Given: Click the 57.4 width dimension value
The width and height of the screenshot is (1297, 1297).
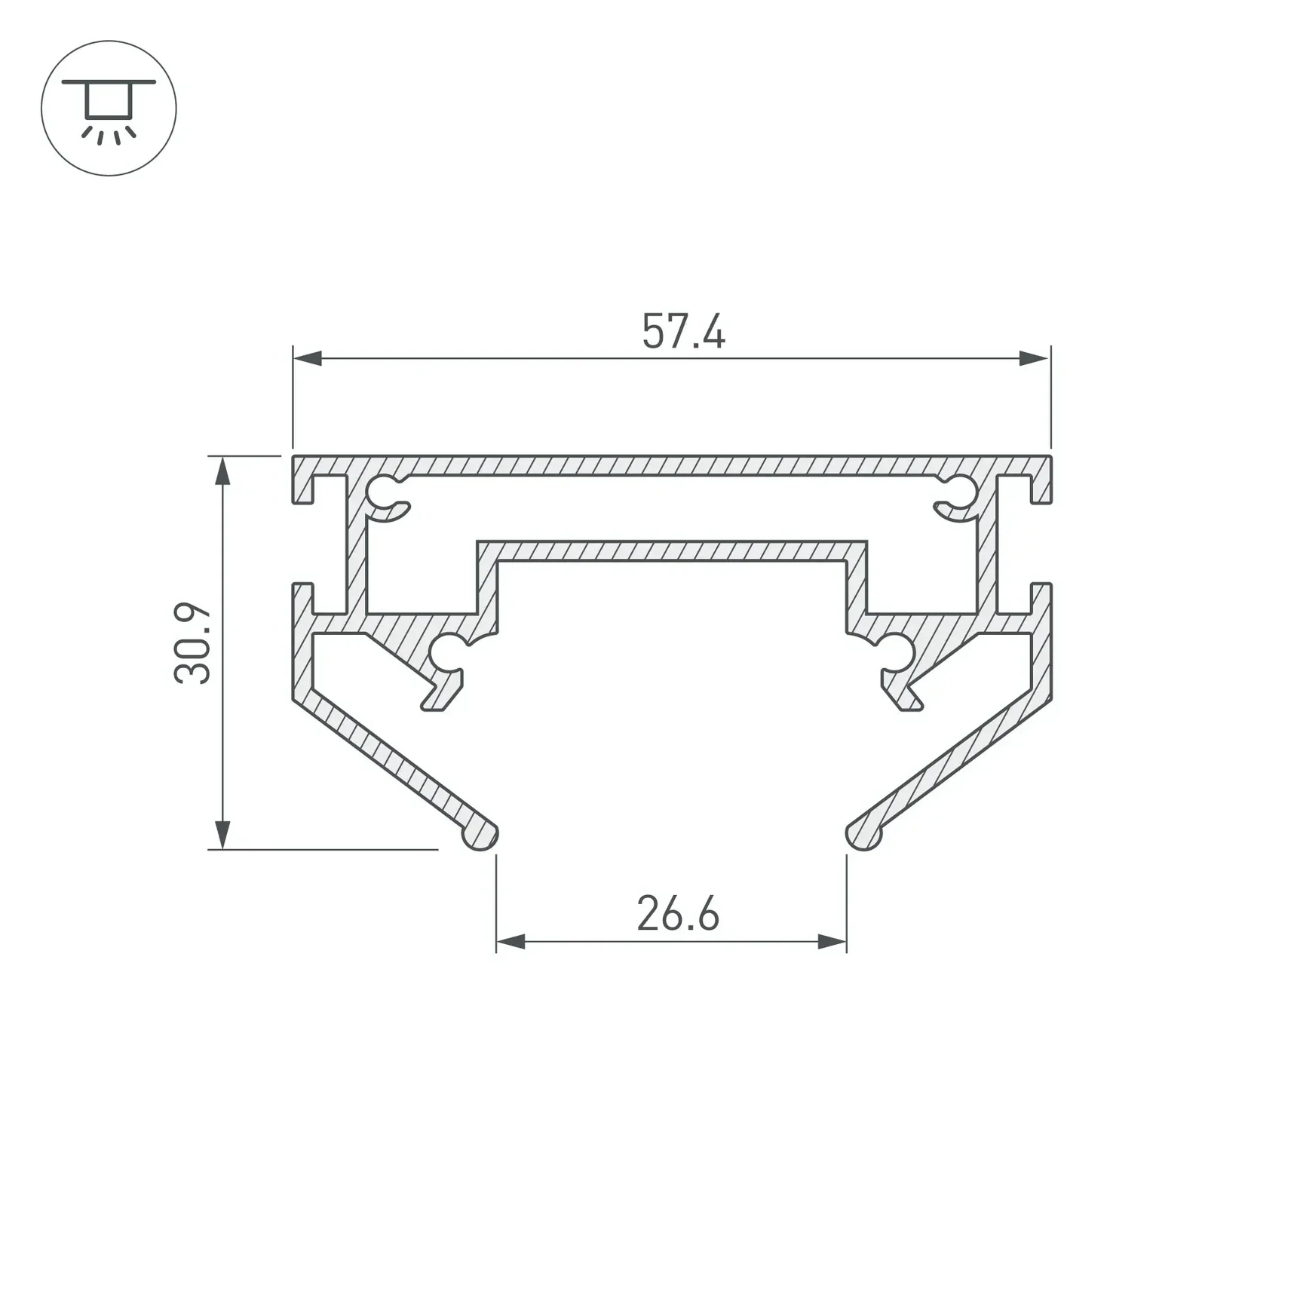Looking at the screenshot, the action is pyautogui.click(x=683, y=332).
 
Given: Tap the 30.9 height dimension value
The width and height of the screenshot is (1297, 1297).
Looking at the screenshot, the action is pyautogui.click(x=192, y=643).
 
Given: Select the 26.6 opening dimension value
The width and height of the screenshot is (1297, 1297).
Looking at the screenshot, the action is pyautogui.click(x=678, y=914).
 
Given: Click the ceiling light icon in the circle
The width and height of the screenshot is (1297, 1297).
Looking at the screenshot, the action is pyautogui.click(x=109, y=110).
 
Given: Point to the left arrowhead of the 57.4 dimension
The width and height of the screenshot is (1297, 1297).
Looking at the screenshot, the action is pyautogui.click(x=308, y=358).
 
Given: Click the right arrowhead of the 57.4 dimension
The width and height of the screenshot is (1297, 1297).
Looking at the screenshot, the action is pyautogui.click(x=1035, y=358).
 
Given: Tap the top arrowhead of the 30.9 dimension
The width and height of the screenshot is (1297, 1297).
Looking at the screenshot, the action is pyautogui.click(x=222, y=471).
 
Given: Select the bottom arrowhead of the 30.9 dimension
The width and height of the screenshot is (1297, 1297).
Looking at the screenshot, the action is pyautogui.click(x=222, y=835).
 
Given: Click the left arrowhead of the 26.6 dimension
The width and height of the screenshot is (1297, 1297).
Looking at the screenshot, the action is pyautogui.click(x=511, y=941).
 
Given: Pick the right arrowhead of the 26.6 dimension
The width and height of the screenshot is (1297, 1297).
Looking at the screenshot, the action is pyautogui.click(x=832, y=941).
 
